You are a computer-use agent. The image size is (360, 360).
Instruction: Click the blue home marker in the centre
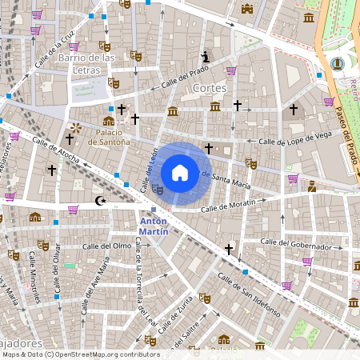pyautogui.click(x=180, y=172)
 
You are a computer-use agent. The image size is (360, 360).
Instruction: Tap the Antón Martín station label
pyautogui.click(x=154, y=226)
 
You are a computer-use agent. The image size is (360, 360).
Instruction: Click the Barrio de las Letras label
pyautogui.click(x=86, y=64)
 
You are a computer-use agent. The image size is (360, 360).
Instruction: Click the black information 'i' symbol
pyautogui.click(x=206, y=57)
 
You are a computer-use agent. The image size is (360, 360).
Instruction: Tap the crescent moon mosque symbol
pyautogui.click(x=100, y=201)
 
